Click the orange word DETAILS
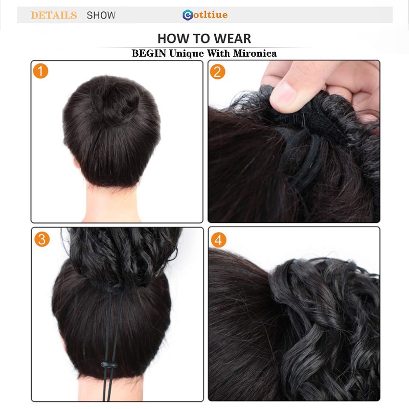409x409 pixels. [54, 15]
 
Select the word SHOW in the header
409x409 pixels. [101, 15]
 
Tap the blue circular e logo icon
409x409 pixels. [188, 15]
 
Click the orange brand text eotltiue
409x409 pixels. [211, 15]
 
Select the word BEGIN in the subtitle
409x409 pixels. [149, 53]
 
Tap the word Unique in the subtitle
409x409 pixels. [187, 54]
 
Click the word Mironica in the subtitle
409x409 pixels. [255, 53]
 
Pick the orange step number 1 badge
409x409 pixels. [40, 71]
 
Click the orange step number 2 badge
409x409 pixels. [218, 72]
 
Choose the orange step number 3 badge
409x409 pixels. [42, 239]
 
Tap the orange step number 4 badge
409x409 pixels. [219, 240]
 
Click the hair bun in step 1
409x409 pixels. [115, 99]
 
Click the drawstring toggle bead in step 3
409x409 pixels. [109, 365]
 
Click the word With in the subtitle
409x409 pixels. [219, 53]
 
